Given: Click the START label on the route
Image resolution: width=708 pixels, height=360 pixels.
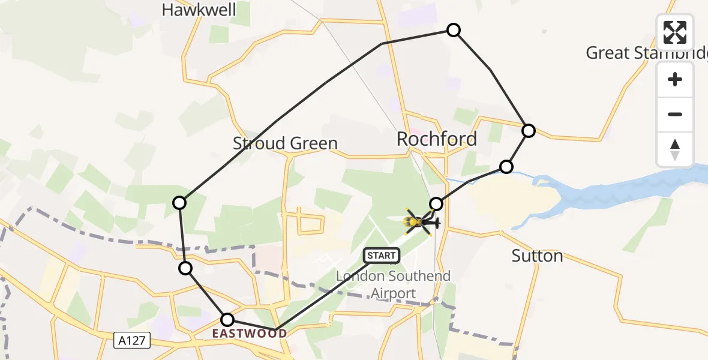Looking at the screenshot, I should click(x=382, y=256).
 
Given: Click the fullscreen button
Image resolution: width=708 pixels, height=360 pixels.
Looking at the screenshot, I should click(x=675, y=32).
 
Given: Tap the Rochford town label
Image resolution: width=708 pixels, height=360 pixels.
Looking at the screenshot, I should click(x=437, y=139).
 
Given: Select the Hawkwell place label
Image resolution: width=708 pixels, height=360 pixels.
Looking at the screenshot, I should click(x=199, y=10).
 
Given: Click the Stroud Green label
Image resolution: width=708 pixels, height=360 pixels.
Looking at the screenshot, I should click(x=285, y=143).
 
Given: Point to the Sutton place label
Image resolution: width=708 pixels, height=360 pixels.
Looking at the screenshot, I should click(x=537, y=256).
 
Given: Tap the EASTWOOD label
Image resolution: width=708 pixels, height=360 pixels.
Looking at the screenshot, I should click(x=249, y=334).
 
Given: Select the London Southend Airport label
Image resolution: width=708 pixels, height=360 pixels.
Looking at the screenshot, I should click(x=393, y=285).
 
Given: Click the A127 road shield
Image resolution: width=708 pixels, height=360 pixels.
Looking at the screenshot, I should click(x=132, y=340).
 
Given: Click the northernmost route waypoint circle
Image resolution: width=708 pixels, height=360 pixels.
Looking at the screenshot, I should click(x=454, y=30).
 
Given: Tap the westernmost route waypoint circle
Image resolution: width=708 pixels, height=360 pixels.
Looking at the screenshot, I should click(x=179, y=203).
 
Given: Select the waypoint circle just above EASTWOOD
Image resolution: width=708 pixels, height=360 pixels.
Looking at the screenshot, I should click(x=227, y=320).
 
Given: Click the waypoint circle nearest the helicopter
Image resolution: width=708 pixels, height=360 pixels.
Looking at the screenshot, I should click(x=436, y=204).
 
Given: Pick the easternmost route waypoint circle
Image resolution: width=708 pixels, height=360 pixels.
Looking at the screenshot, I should click(x=528, y=130).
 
